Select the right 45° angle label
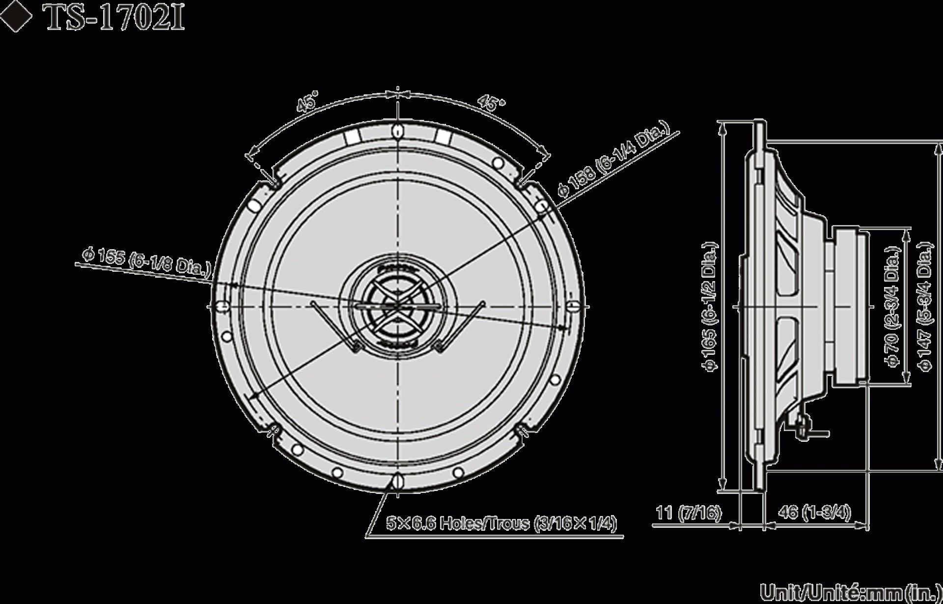coord(492,103)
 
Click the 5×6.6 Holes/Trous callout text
coord(501,523)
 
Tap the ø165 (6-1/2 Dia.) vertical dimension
coord(712,305)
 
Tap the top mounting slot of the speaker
coord(397,130)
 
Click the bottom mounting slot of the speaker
coord(397,480)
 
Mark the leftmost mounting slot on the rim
coord(222,306)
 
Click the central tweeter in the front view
coord(398,305)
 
